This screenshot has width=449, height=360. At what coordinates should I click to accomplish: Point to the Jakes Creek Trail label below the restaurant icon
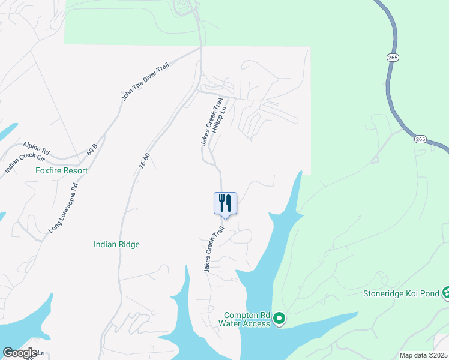[214, 250]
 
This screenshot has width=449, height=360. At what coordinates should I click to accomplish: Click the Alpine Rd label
[37, 146]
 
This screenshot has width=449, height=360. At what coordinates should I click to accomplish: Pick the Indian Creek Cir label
[25, 158]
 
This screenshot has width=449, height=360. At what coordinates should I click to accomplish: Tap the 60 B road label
[92, 149]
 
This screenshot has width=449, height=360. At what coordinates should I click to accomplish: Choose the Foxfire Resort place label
[61, 171]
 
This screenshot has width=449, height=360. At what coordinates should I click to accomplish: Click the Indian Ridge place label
[116, 244]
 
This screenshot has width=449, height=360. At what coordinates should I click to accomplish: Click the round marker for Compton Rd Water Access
[279, 319]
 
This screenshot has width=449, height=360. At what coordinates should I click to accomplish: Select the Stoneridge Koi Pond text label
[401, 294]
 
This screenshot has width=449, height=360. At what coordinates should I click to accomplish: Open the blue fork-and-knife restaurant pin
[226, 203]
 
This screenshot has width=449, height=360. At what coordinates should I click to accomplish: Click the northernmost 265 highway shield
[393, 58]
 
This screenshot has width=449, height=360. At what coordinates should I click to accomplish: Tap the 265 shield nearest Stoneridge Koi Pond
[420, 139]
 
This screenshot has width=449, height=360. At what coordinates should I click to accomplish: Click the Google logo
[20, 353]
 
